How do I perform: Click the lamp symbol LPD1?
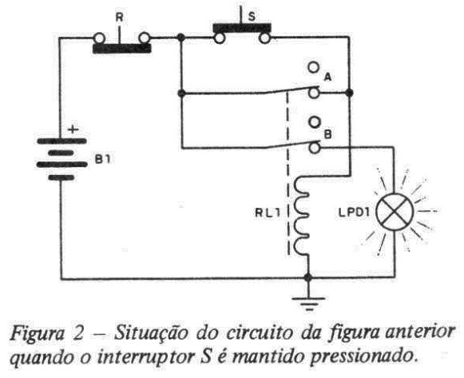pos(395,212)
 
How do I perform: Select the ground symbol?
pos(308,304)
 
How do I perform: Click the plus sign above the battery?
pos(73,129)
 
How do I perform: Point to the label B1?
pos(103,160)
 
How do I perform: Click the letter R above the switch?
pos(119,18)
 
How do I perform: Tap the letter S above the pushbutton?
pos(252,17)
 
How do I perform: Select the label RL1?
pos(268,213)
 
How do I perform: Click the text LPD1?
pos(355,213)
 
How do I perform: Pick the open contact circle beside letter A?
pos(314,67)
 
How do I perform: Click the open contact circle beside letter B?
pos(315,122)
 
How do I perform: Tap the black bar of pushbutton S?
pos(242,28)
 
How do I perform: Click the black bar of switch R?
pos(122,49)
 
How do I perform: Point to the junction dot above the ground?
pos(308,277)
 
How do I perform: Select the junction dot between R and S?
pos(181,38)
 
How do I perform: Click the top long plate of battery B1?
pos(61,141)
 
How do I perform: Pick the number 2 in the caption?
pos(77,333)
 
